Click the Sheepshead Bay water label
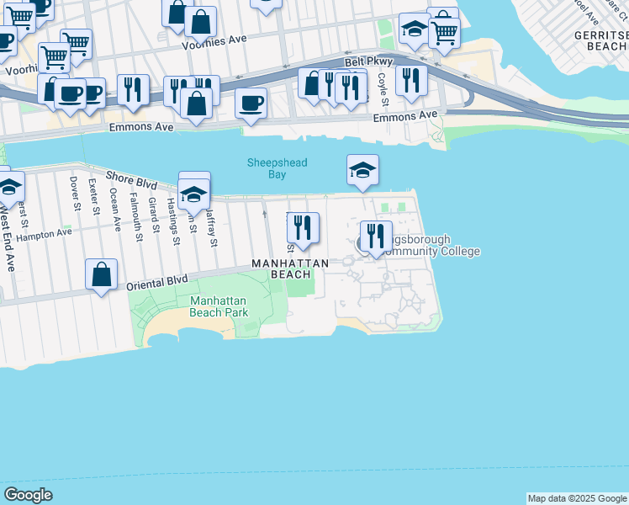(277, 168)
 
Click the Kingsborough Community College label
(429, 246)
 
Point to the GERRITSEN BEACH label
(600, 41)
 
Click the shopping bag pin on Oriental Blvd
(101, 274)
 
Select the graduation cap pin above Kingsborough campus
(362, 171)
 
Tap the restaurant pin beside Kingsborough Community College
(376, 236)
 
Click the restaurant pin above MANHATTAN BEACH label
(303, 227)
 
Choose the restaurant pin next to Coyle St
(410, 81)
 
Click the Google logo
(29, 495)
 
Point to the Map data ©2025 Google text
(577, 498)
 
